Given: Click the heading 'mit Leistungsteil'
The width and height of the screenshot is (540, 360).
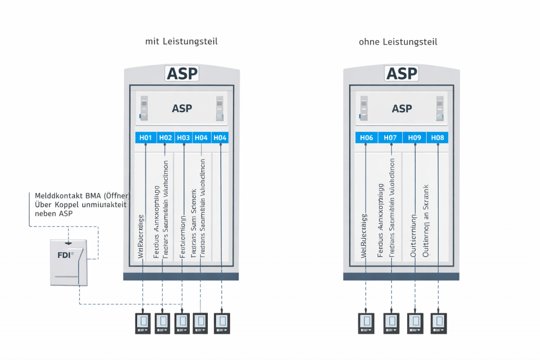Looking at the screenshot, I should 181,41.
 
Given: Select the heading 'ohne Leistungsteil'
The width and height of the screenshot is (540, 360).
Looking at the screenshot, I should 398,41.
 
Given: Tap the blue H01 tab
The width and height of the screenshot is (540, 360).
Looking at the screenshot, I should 145,138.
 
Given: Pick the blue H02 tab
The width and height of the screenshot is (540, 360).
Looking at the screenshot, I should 166,138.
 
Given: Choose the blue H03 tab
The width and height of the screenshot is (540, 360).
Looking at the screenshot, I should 184,138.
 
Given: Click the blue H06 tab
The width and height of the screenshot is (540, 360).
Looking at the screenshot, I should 367,138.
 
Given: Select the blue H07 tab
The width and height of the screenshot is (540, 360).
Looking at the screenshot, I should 390,138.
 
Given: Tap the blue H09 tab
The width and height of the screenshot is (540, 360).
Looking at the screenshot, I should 414,138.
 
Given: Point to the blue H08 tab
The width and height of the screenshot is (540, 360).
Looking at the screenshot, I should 438,138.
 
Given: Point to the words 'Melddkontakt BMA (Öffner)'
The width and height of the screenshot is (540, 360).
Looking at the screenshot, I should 82,195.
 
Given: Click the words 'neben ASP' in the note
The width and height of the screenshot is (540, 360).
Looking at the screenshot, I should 54,214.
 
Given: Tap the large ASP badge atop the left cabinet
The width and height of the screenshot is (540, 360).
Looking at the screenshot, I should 182,74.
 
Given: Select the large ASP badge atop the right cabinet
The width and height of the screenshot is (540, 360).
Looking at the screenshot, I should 402,74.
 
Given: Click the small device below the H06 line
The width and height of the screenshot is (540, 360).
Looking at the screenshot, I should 366,323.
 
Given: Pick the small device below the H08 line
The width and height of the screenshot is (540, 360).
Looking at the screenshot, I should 439,323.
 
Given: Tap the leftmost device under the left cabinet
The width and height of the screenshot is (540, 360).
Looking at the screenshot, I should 143,323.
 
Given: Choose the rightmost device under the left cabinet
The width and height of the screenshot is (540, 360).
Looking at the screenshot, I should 222,323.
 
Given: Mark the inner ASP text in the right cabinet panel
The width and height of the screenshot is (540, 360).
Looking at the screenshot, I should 402,109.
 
